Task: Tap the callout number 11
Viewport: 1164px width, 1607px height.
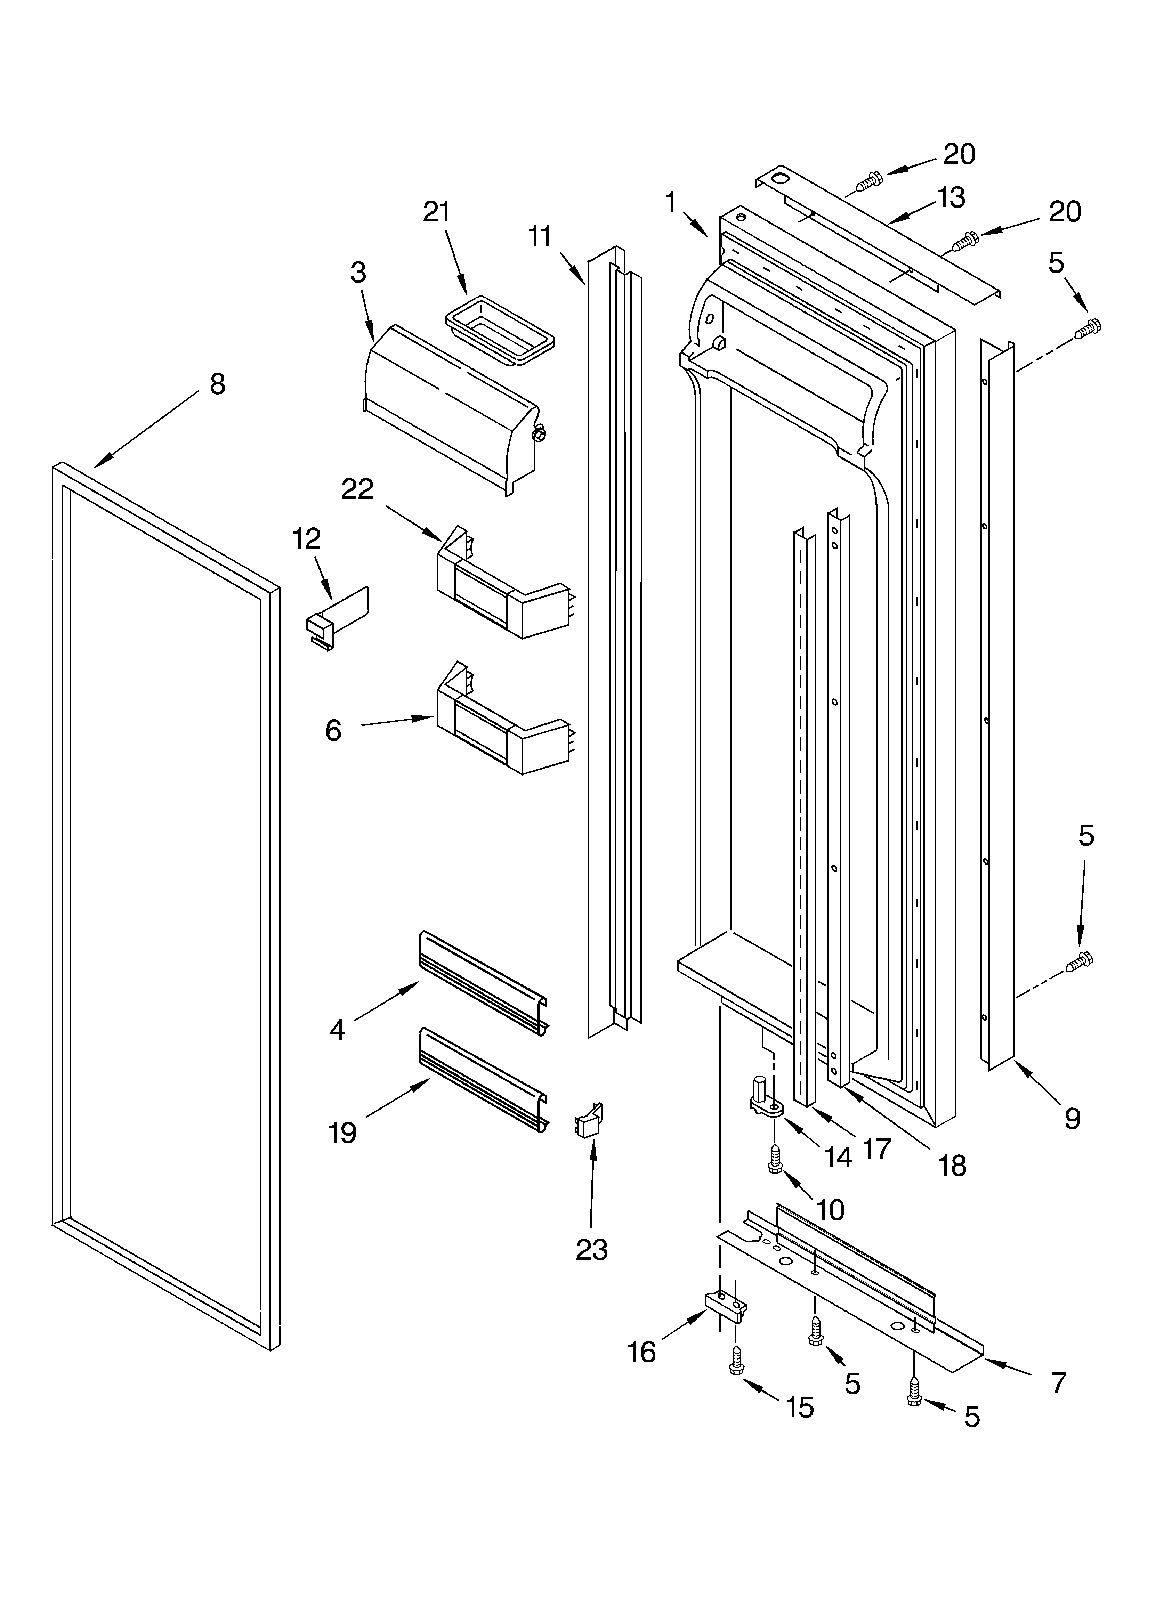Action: tap(540, 236)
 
